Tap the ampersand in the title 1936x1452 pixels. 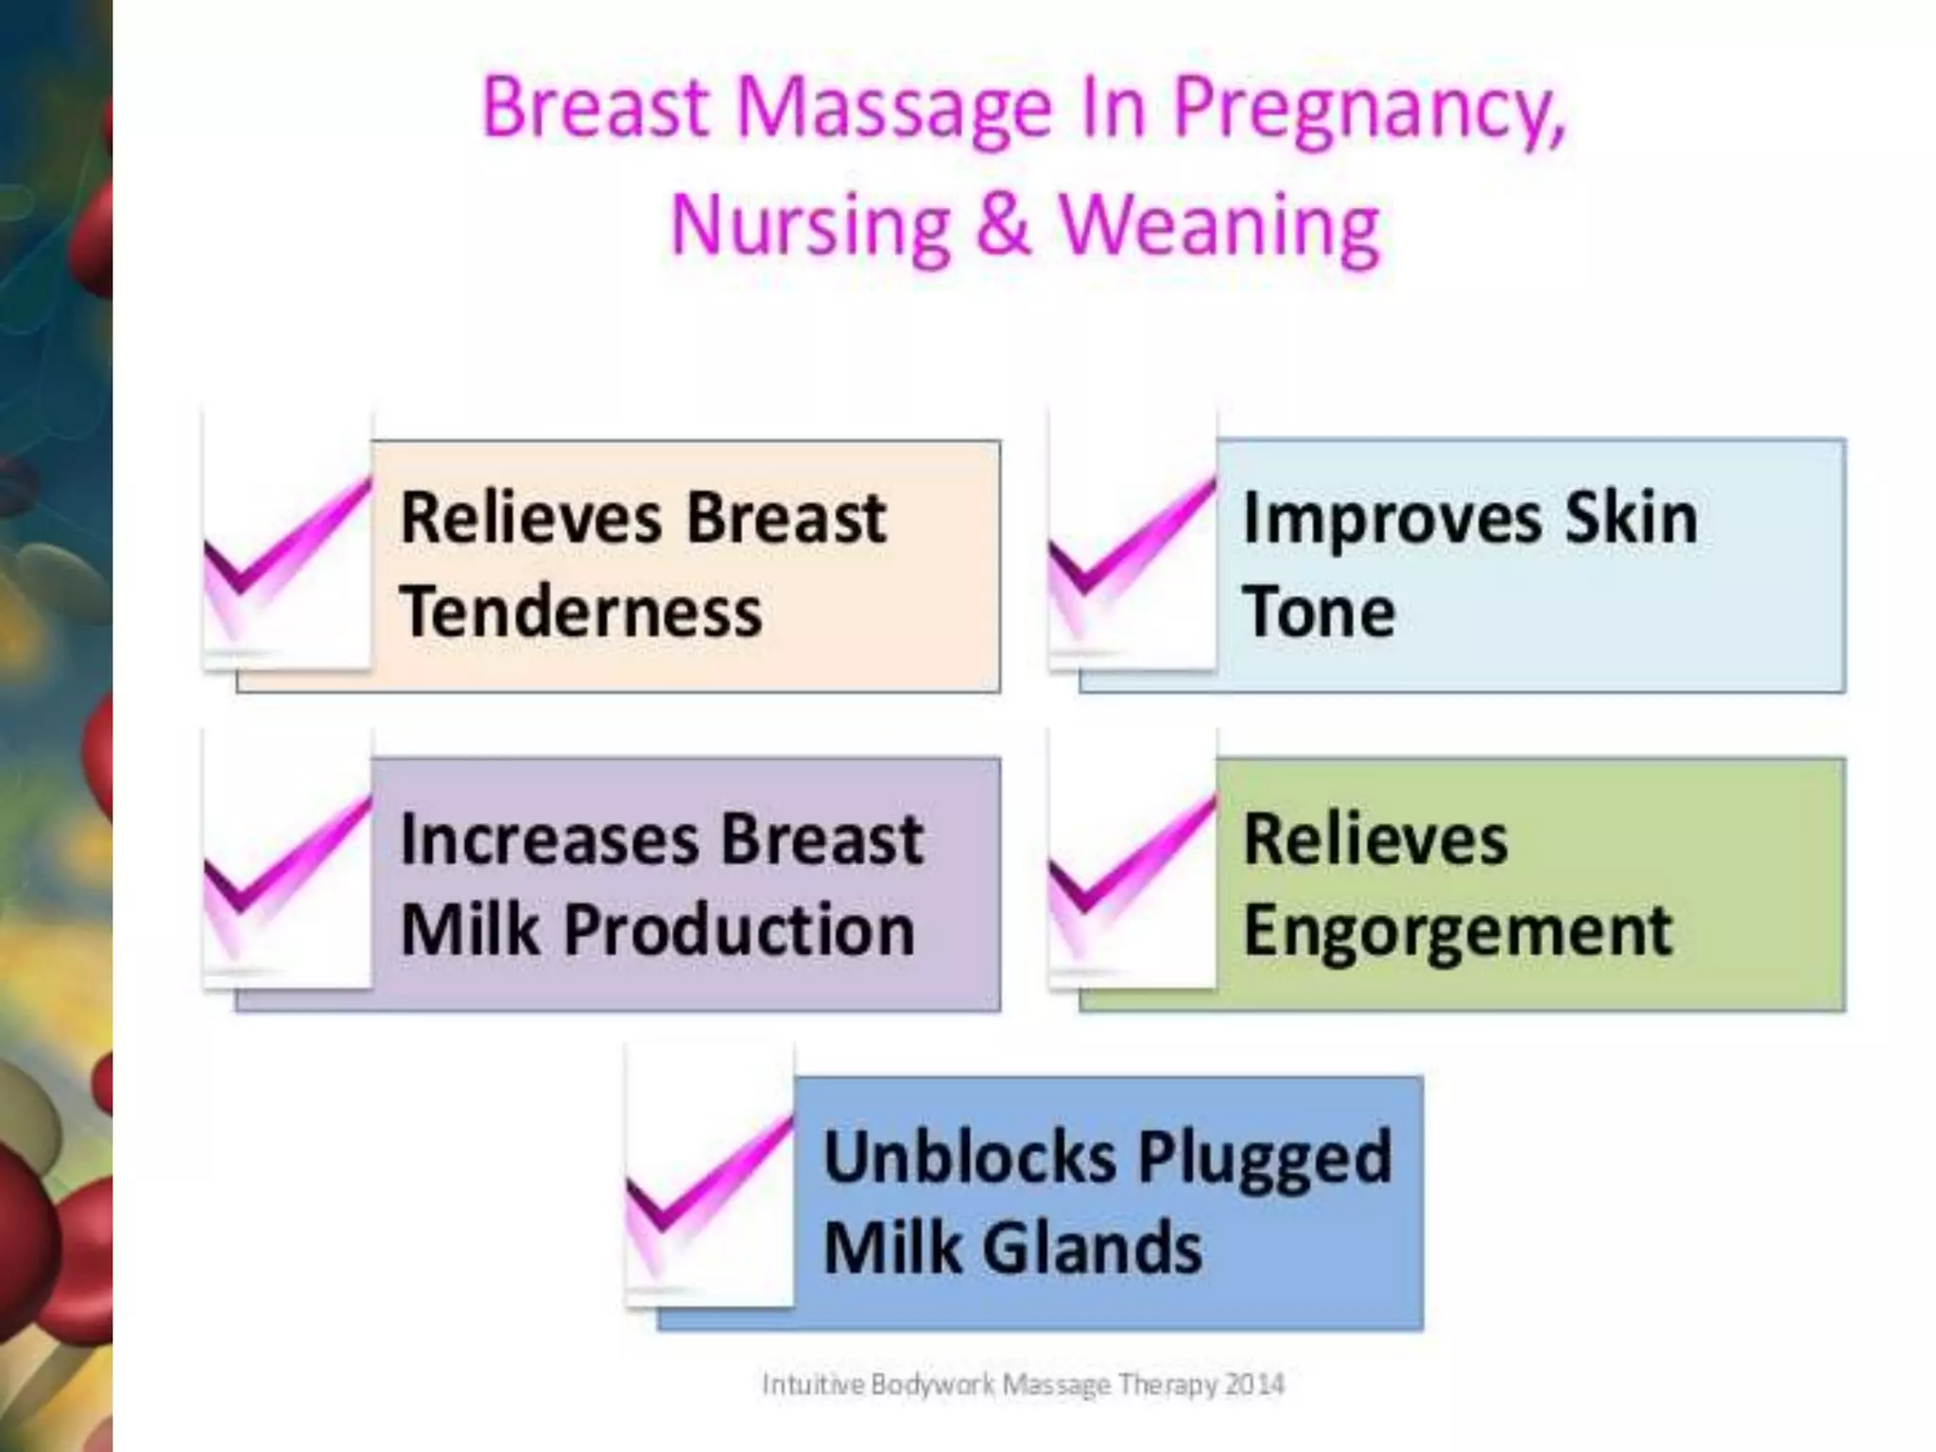tap(1003, 224)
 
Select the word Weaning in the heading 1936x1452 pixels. tap(1219, 227)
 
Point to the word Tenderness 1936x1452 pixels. tap(580, 612)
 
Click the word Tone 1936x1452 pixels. tap(1319, 612)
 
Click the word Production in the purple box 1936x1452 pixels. tap(739, 930)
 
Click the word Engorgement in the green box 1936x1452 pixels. tap(1458, 932)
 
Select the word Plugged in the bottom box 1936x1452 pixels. tap(1265, 1159)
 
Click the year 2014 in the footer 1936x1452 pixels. tap(1254, 1385)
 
